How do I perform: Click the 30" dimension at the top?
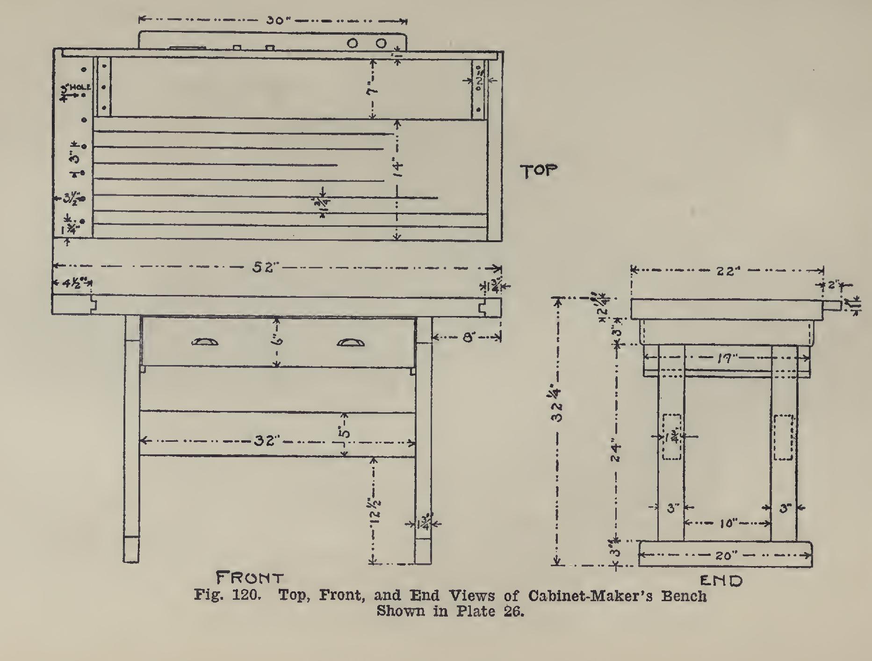pyautogui.click(x=276, y=21)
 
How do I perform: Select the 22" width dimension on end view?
pyautogui.click(x=726, y=271)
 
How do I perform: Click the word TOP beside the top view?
pyautogui.click(x=540, y=172)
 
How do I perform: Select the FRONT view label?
pyautogui.click(x=250, y=578)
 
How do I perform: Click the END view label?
pyautogui.click(x=721, y=581)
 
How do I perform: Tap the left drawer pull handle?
pyautogui.click(x=205, y=342)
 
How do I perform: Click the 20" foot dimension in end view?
pyautogui.click(x=726, y=556)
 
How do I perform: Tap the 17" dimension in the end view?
pyautogui.click(x=726, y=359)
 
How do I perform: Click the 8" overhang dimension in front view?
pyautogui.click(x=468, y=337)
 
